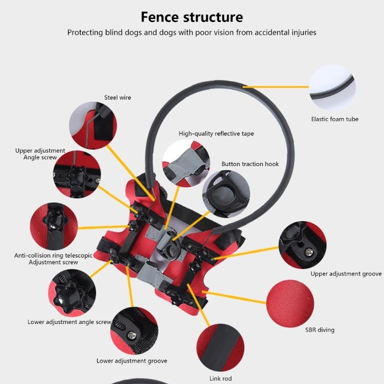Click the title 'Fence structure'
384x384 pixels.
192,17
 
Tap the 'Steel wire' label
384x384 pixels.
118,97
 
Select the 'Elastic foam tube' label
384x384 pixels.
335,119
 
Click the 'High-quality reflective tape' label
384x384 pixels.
216,134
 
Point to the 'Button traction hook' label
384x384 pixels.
250,164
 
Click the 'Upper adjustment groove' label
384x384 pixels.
346,274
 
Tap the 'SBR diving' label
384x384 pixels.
320,330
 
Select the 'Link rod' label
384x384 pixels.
221,379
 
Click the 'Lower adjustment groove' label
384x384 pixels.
132,361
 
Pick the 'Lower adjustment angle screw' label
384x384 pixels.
70,322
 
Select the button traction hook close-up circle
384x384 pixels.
226,192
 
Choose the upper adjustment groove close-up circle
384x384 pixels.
302,245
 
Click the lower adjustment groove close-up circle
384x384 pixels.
134,331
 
